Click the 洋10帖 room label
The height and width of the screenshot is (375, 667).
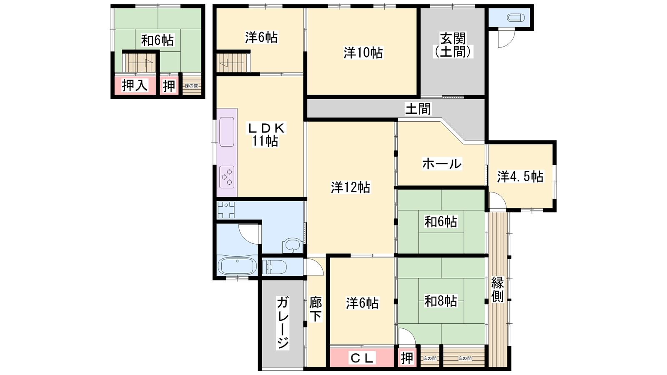tap(363, 52)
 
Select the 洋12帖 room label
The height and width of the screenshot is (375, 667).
tap(351, 187)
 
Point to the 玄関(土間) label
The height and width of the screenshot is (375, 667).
tap(453, 45)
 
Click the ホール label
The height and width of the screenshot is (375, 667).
tap(442, 164)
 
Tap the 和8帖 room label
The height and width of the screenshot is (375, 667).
tap(441, 301)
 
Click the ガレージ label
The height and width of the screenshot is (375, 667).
tap(283, 323)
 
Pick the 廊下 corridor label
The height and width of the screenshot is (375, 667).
tap(316, 310)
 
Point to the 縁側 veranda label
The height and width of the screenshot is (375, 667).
tap(498, 289)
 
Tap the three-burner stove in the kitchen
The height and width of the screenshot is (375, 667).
tap(227, 177)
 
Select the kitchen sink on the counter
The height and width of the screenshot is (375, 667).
tap(227, 132)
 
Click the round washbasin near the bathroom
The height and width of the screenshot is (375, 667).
tap(293, 245)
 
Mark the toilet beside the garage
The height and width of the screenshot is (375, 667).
tap(274, 267)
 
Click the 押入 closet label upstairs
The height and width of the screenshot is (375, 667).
tap(135, 86)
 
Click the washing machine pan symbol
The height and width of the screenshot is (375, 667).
tap(226, 210)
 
